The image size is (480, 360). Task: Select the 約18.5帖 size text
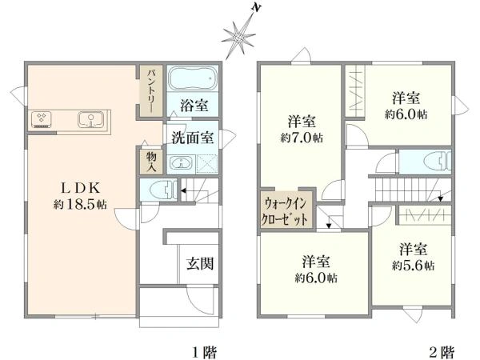coord(80,205)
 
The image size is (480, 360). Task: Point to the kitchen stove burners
coord(42,121)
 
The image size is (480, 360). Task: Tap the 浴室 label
coord(194,105)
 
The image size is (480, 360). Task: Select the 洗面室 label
coord(191,138)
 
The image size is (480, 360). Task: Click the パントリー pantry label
coord(150,90)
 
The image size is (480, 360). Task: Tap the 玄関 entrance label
coord(199,263)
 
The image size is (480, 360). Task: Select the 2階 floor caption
coord(441,350)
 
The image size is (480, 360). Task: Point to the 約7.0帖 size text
coord(301,138)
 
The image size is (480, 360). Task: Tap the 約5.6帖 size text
coord(413,265)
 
